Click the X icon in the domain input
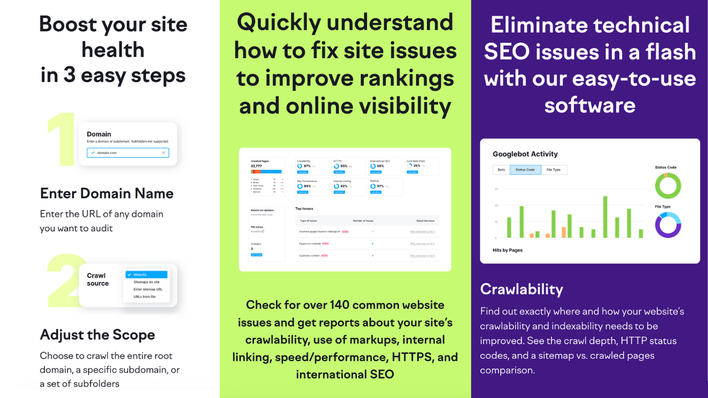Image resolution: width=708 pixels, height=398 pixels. (163, 153)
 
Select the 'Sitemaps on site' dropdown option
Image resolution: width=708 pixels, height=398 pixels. (147, 282)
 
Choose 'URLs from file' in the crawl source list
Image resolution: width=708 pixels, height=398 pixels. (145, 296)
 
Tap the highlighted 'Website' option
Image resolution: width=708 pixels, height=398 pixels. (147, 275)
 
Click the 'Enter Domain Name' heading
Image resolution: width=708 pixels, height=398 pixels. (107, 194)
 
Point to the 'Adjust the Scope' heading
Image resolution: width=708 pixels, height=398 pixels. (97, 335)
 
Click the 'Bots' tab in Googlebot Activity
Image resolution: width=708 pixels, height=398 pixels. (501, 170)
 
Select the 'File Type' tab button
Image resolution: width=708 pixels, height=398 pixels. (554, 170)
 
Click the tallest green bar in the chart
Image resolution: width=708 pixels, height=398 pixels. (605, 217)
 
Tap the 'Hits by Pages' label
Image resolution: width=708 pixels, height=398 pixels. (507, 250)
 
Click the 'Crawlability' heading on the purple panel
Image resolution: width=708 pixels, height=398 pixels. (521, 289)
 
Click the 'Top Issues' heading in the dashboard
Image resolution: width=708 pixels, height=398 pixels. (304, 209)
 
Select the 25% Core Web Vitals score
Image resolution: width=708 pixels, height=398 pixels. (416, 166)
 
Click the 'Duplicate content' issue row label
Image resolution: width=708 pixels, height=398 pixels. (309, 255)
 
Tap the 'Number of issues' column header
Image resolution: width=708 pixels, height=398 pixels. (363, 221)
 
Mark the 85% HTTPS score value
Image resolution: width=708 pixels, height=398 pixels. (344, 166)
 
